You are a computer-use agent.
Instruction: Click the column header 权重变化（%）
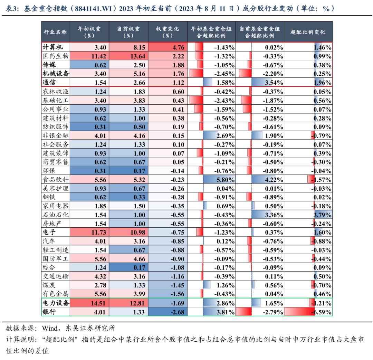168,32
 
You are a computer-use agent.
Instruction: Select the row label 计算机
52,47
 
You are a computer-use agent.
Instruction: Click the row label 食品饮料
55,179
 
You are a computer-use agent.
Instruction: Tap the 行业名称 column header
55,32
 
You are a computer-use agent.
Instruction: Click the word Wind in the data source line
50,328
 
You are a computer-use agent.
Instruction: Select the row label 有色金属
55,294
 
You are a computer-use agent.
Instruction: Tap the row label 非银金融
55,135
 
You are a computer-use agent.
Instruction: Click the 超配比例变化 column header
308,32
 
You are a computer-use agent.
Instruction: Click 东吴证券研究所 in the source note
90,328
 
